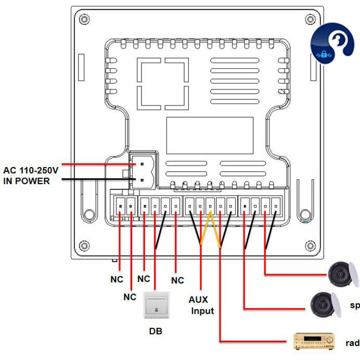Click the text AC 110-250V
click(x=31, y=170)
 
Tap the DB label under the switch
click(x=156, y=330)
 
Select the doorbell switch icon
click(x=157, y=306)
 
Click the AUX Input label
click(x=201, y=305)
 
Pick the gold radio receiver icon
click(x=314, y=341)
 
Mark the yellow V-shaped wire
click(x=210, y=229)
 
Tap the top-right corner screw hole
click(x=311, y=19)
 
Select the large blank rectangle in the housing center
click(x=210, y=135)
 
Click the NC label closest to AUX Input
click(x=177, y=280)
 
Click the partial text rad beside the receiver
click(x=352, y=343)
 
